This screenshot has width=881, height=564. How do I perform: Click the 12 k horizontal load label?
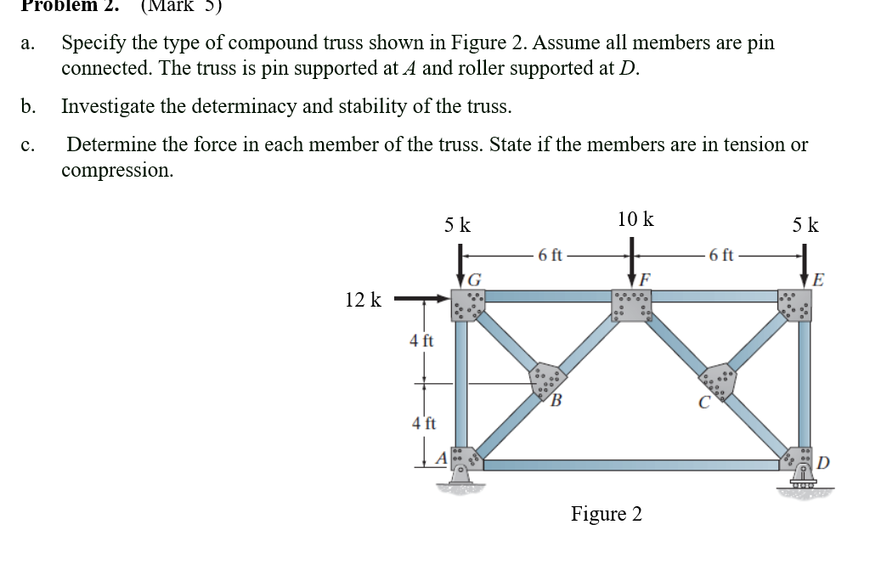[364, 300]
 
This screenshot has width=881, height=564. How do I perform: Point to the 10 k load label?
[635, 219]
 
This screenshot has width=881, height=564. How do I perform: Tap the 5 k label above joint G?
[459, 225]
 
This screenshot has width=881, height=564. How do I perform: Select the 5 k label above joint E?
[805, 225]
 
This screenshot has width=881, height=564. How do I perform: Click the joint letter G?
[475, 278]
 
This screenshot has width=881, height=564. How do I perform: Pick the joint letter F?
[646, 278]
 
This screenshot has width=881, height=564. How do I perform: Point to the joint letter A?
[441, 459]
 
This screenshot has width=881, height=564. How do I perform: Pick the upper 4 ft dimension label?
[421, 341]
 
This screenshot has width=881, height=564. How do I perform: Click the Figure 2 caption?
[606, 514]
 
